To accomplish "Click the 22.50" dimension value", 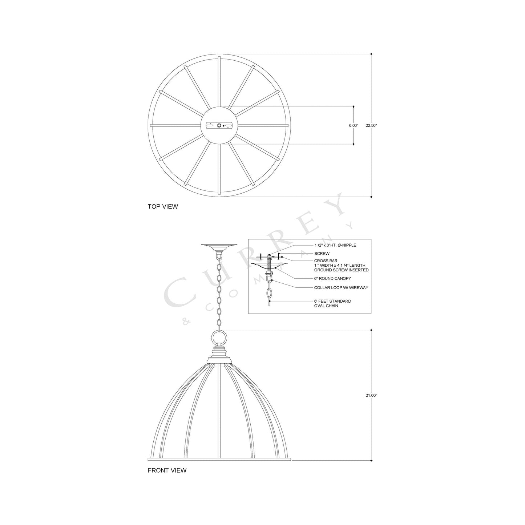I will pyautogui.click(x=371, y=125).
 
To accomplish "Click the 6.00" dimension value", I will pyautogui.click(x=354, y=125).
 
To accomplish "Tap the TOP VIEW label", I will pyautogui.click(x=163, y=207).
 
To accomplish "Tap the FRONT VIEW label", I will pyautogui.click(x=167, y=470).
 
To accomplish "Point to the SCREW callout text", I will pyautogui.click(x=322, y=254).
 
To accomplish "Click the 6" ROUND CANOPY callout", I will pyautogui.click(x=332, y=279).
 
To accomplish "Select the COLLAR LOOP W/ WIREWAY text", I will pyautogui.click(x=341, y=288).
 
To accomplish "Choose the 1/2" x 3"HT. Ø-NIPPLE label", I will pyautogui.click(x=335, y=245).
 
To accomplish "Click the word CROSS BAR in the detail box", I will pyautogui.click(x=326, y=261).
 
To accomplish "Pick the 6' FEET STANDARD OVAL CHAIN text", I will pyautogui.click(x=332, y=303).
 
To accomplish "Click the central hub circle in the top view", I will pyautogui.click(x=219, y=125).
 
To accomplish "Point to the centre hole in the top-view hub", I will pyautogui.click(x=219, y=125).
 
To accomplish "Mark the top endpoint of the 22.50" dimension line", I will pyautogui.click(x=371, y=54).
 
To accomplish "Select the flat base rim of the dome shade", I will pyautogui.click(x=219, y=459).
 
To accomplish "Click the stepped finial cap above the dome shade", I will pyautogui.click(x=219, y=354).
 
